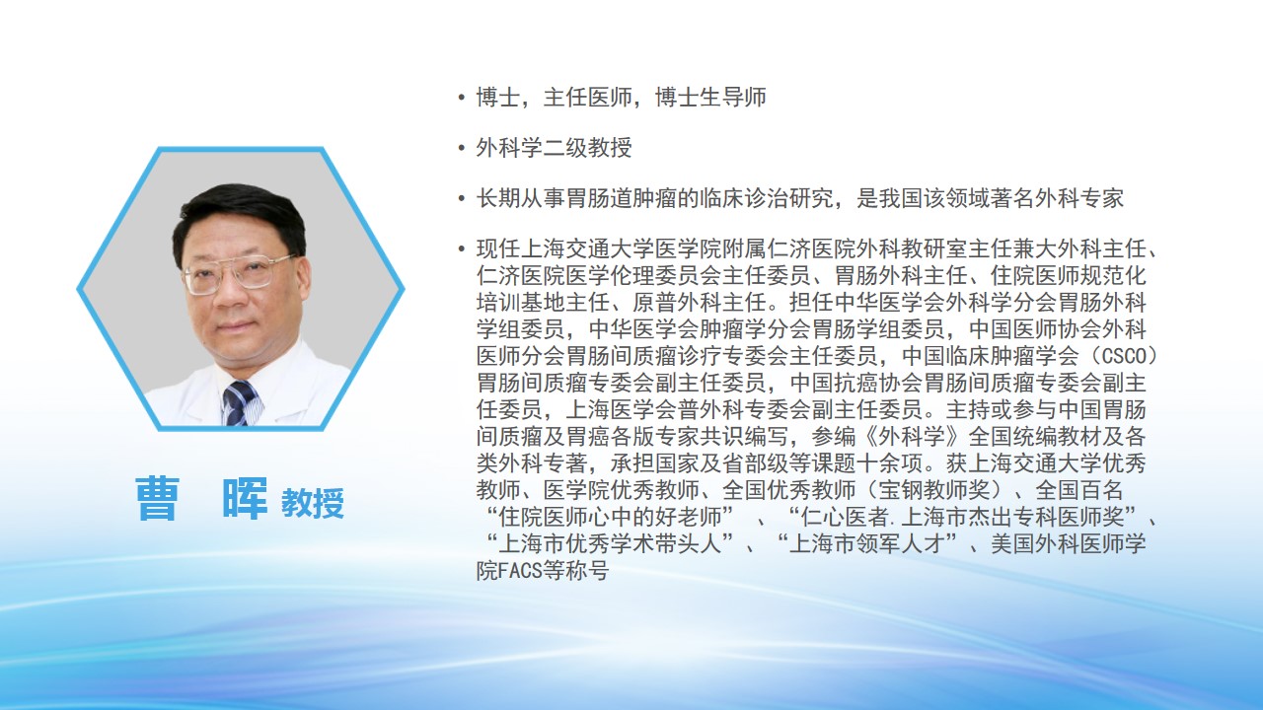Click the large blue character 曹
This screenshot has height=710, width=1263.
tap(157, 499)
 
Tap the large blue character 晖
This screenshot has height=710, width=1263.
tap(245, 499)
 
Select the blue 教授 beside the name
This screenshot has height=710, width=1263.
tap(313, 503)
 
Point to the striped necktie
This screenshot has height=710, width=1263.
tap(242, 402)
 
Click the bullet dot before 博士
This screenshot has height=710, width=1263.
tap(462, 98)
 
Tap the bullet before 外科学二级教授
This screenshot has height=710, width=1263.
tap(462, 148)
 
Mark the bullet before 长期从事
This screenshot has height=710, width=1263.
tap(462, 198)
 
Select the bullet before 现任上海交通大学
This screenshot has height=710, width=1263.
tap(462, 248)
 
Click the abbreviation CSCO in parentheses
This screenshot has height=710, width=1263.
tap(1124, 356)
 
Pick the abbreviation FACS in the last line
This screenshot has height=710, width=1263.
tap(521, 571)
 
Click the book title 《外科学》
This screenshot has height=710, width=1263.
tap(901, 437)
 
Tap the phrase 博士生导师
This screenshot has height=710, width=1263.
tap(711, 98)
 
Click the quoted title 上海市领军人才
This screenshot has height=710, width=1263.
tap(867, 543)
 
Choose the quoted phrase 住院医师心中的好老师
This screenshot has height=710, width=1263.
tap(611, 517)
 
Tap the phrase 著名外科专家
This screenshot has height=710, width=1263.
tap(1057, 198)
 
